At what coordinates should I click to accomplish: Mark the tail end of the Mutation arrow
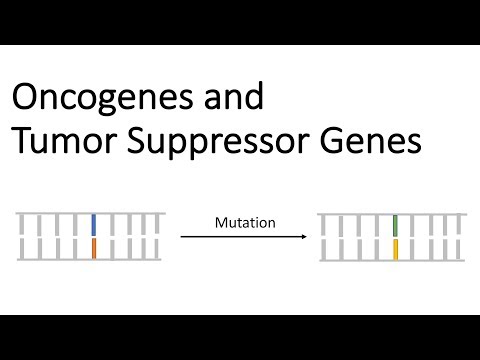click(182, 237)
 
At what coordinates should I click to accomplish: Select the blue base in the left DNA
click(93, 224)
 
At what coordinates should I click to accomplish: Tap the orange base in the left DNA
click(93, 250)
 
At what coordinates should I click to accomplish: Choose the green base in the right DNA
click(396, 224)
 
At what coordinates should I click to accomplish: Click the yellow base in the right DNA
click(396, 250)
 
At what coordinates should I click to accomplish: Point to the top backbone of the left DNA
click(87, 212)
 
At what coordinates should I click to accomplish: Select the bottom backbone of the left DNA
click(87, 262)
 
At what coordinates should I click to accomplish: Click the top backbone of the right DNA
click(390, 212)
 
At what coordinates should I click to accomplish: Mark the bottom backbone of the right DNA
click(390, 262)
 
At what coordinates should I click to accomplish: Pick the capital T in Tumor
click(21, 143)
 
